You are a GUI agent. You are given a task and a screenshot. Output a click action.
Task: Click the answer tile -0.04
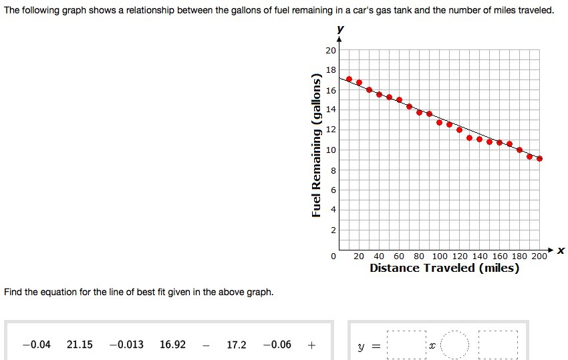click(36, 345)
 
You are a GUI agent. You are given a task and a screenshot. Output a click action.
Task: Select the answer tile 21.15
click(80, 345)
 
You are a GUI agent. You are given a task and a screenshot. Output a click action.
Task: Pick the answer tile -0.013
click(126, 345)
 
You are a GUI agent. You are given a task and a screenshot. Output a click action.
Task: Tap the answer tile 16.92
click(172, 345)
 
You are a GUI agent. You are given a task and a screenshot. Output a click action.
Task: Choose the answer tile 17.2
click(237, 345)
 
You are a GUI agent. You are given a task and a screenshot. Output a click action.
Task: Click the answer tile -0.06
click(277, 345)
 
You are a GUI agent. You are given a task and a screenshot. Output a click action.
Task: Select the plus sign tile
click(311, 345)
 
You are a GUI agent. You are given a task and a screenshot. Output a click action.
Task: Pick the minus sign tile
click(206, 345)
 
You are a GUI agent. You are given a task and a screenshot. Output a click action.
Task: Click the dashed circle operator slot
click(456, 346)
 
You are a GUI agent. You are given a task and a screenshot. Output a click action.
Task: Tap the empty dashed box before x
click(406, 346)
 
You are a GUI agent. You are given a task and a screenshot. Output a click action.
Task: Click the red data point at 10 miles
click(349, 79)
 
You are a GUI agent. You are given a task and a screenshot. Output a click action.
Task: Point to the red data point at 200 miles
click(539, 158)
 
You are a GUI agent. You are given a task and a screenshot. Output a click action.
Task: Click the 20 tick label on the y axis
click(331, 51)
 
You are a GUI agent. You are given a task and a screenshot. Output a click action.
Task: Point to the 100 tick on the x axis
click(440, 256)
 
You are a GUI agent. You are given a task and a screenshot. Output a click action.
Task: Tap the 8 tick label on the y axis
click(333, 170)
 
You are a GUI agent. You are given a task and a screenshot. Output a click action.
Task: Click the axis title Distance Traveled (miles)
click(444, 268)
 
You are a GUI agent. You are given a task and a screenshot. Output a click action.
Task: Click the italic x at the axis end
click(561, 250)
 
